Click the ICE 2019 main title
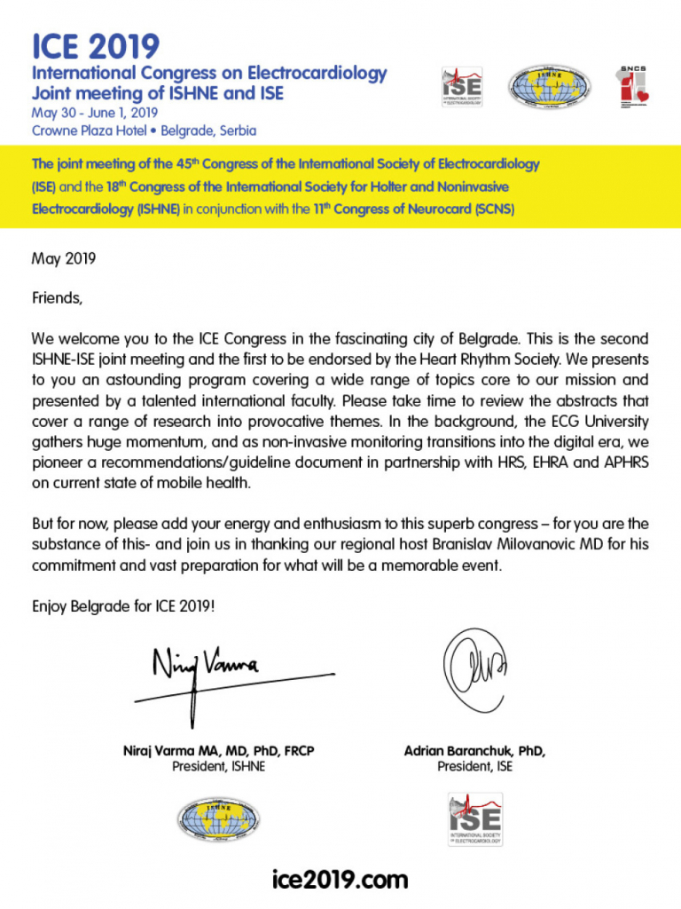[x=96, y=45]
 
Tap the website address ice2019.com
[x=340, y=879]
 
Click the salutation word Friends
[x=57, y=298]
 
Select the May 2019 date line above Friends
[x=64, y=259]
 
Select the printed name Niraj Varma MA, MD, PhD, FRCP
[x=218, y=751]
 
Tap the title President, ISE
[x=474, y=767]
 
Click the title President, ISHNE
[x=218, y=767]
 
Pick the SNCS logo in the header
[x=633, y=88]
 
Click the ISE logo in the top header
[x=462, y=88]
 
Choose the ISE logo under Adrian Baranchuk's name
[x=474, y=818]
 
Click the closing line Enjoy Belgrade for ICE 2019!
[x=123, y=606]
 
